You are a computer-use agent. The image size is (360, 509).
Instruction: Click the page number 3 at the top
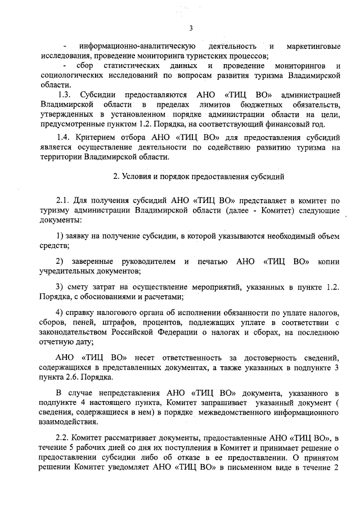pyautogui.click(x=191, y=29)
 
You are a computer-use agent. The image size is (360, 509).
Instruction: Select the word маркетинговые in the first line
pyautogui.click(x=313, y=46)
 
